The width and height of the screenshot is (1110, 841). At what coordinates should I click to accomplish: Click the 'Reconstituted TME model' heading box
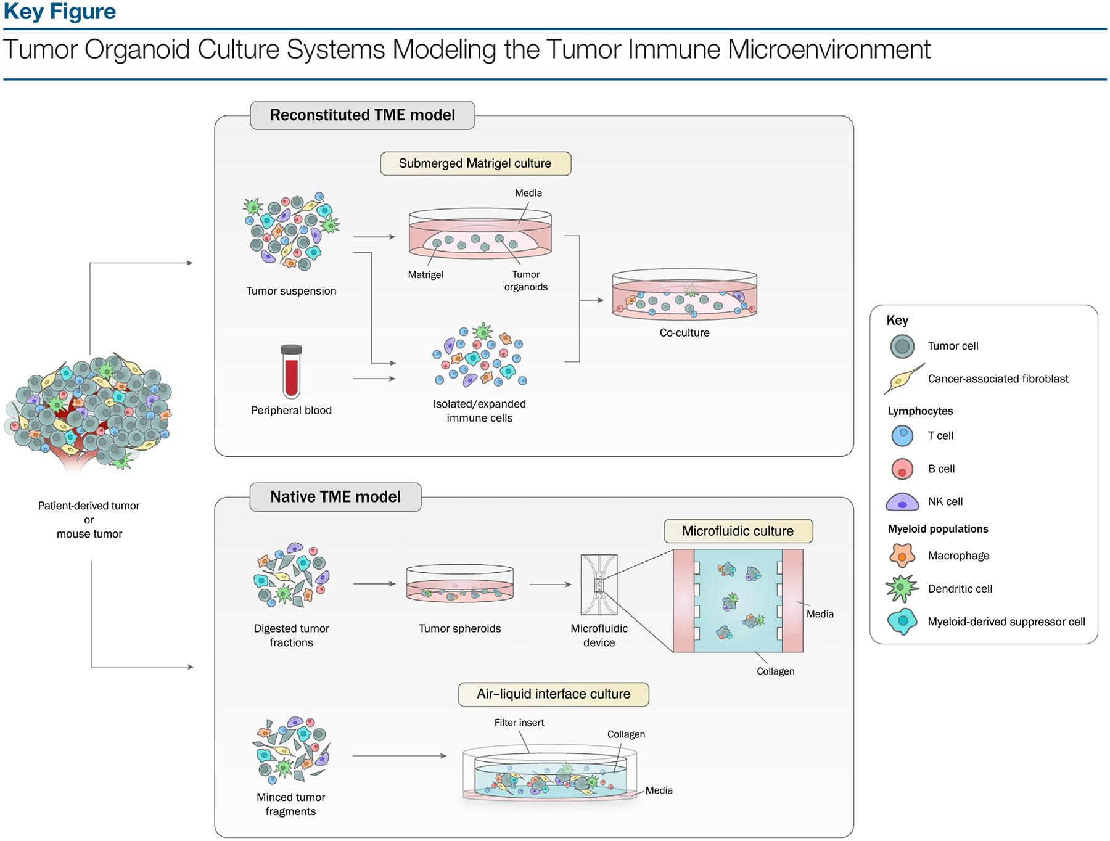click(x=362, y=115)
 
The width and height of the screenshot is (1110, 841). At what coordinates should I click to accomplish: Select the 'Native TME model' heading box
click(x=335, y=497)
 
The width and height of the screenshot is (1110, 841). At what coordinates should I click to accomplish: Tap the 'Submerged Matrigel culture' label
click(x=475, y=163)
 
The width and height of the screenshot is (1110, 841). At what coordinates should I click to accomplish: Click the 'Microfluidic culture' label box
click(x=738, y=531)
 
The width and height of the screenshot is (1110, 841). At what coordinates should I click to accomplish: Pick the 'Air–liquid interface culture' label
click(x=553, y=694)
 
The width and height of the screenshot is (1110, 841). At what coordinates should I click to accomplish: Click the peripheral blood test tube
click(x=291, y=372)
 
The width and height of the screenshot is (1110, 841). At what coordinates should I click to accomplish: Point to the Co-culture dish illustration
click(x=684, y=294)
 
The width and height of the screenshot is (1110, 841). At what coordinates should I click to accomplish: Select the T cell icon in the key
click(x=902, y=435)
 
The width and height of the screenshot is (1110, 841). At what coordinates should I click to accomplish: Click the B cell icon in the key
click(x=902, y=469)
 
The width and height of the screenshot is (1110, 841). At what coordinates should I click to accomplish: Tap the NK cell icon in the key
click(x=902, y=502)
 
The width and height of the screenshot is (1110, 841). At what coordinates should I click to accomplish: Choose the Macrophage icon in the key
click(x=902, y=556)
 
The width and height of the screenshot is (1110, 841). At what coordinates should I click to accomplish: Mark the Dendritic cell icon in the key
click(x=902, y=589)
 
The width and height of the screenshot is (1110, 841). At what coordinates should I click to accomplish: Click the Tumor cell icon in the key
click(x=902, y=346)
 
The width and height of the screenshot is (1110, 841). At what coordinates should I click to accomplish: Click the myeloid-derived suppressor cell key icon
click(x=902, y=622)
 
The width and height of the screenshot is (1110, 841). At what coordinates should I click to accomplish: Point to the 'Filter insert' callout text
click(x=519, y=723)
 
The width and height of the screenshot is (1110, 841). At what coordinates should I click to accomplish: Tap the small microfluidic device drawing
click(x=599, y=585)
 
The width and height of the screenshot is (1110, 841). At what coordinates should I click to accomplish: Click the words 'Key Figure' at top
click(x=60, y=12)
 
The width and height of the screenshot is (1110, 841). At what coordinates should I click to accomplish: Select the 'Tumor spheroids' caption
click(x=459, y=628)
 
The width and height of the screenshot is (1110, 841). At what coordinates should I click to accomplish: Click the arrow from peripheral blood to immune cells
click(x=374, y=379)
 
